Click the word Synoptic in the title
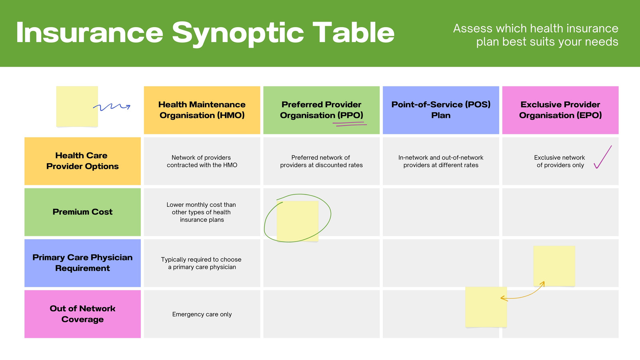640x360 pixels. (238, 34)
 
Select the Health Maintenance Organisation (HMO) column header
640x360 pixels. (202, 110)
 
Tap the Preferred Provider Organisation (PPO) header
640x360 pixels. (322, 110)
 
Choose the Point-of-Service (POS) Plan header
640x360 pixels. (441, 110)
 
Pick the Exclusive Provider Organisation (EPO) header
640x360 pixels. (560, 110)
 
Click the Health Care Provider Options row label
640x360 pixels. (82, 161)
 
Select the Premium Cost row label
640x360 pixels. (82, 212)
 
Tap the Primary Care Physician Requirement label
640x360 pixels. (82, 263)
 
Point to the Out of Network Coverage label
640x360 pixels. (82, 314)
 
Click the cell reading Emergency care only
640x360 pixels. (202, 314)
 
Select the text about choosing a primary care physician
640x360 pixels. (202, 263)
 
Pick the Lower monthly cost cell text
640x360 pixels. (202, 212)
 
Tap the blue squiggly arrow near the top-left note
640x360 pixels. (112, 107)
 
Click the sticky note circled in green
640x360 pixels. (298, 221)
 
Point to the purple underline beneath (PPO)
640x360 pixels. (350, 124)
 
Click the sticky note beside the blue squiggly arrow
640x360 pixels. (77, 106)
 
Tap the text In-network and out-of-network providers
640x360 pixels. (441, 161)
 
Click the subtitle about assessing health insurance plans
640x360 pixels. (536, 35)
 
